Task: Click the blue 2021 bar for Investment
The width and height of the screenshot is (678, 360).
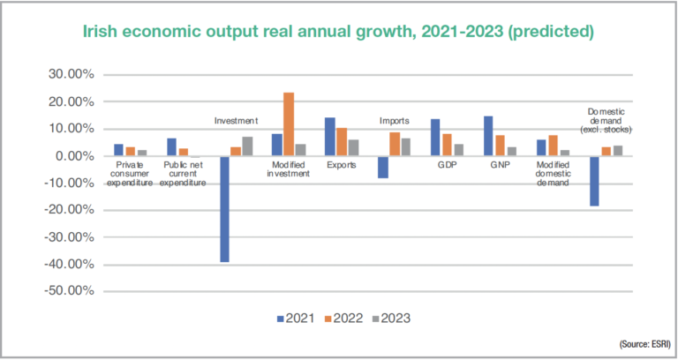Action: pos(225,209)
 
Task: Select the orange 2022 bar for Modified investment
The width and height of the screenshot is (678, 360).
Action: pos(289,124)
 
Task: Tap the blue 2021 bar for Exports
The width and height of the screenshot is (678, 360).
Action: pos(330,137)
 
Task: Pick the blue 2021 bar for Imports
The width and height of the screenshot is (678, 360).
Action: pos(383,167)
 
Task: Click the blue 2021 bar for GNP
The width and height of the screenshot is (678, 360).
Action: pos(488,136)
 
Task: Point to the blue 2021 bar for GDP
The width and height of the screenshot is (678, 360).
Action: pos(435,138)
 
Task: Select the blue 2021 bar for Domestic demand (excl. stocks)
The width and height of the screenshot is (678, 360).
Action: pos(593,181)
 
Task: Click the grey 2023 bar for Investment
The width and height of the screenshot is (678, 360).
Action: pos(247,146)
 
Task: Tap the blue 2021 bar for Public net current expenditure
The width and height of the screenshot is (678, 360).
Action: pos(172,147)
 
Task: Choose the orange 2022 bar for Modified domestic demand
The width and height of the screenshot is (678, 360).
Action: pos(552,146)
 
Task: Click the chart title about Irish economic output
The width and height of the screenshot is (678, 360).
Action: pos(338,32)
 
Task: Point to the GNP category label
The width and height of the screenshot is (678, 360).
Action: pos(499,165)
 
